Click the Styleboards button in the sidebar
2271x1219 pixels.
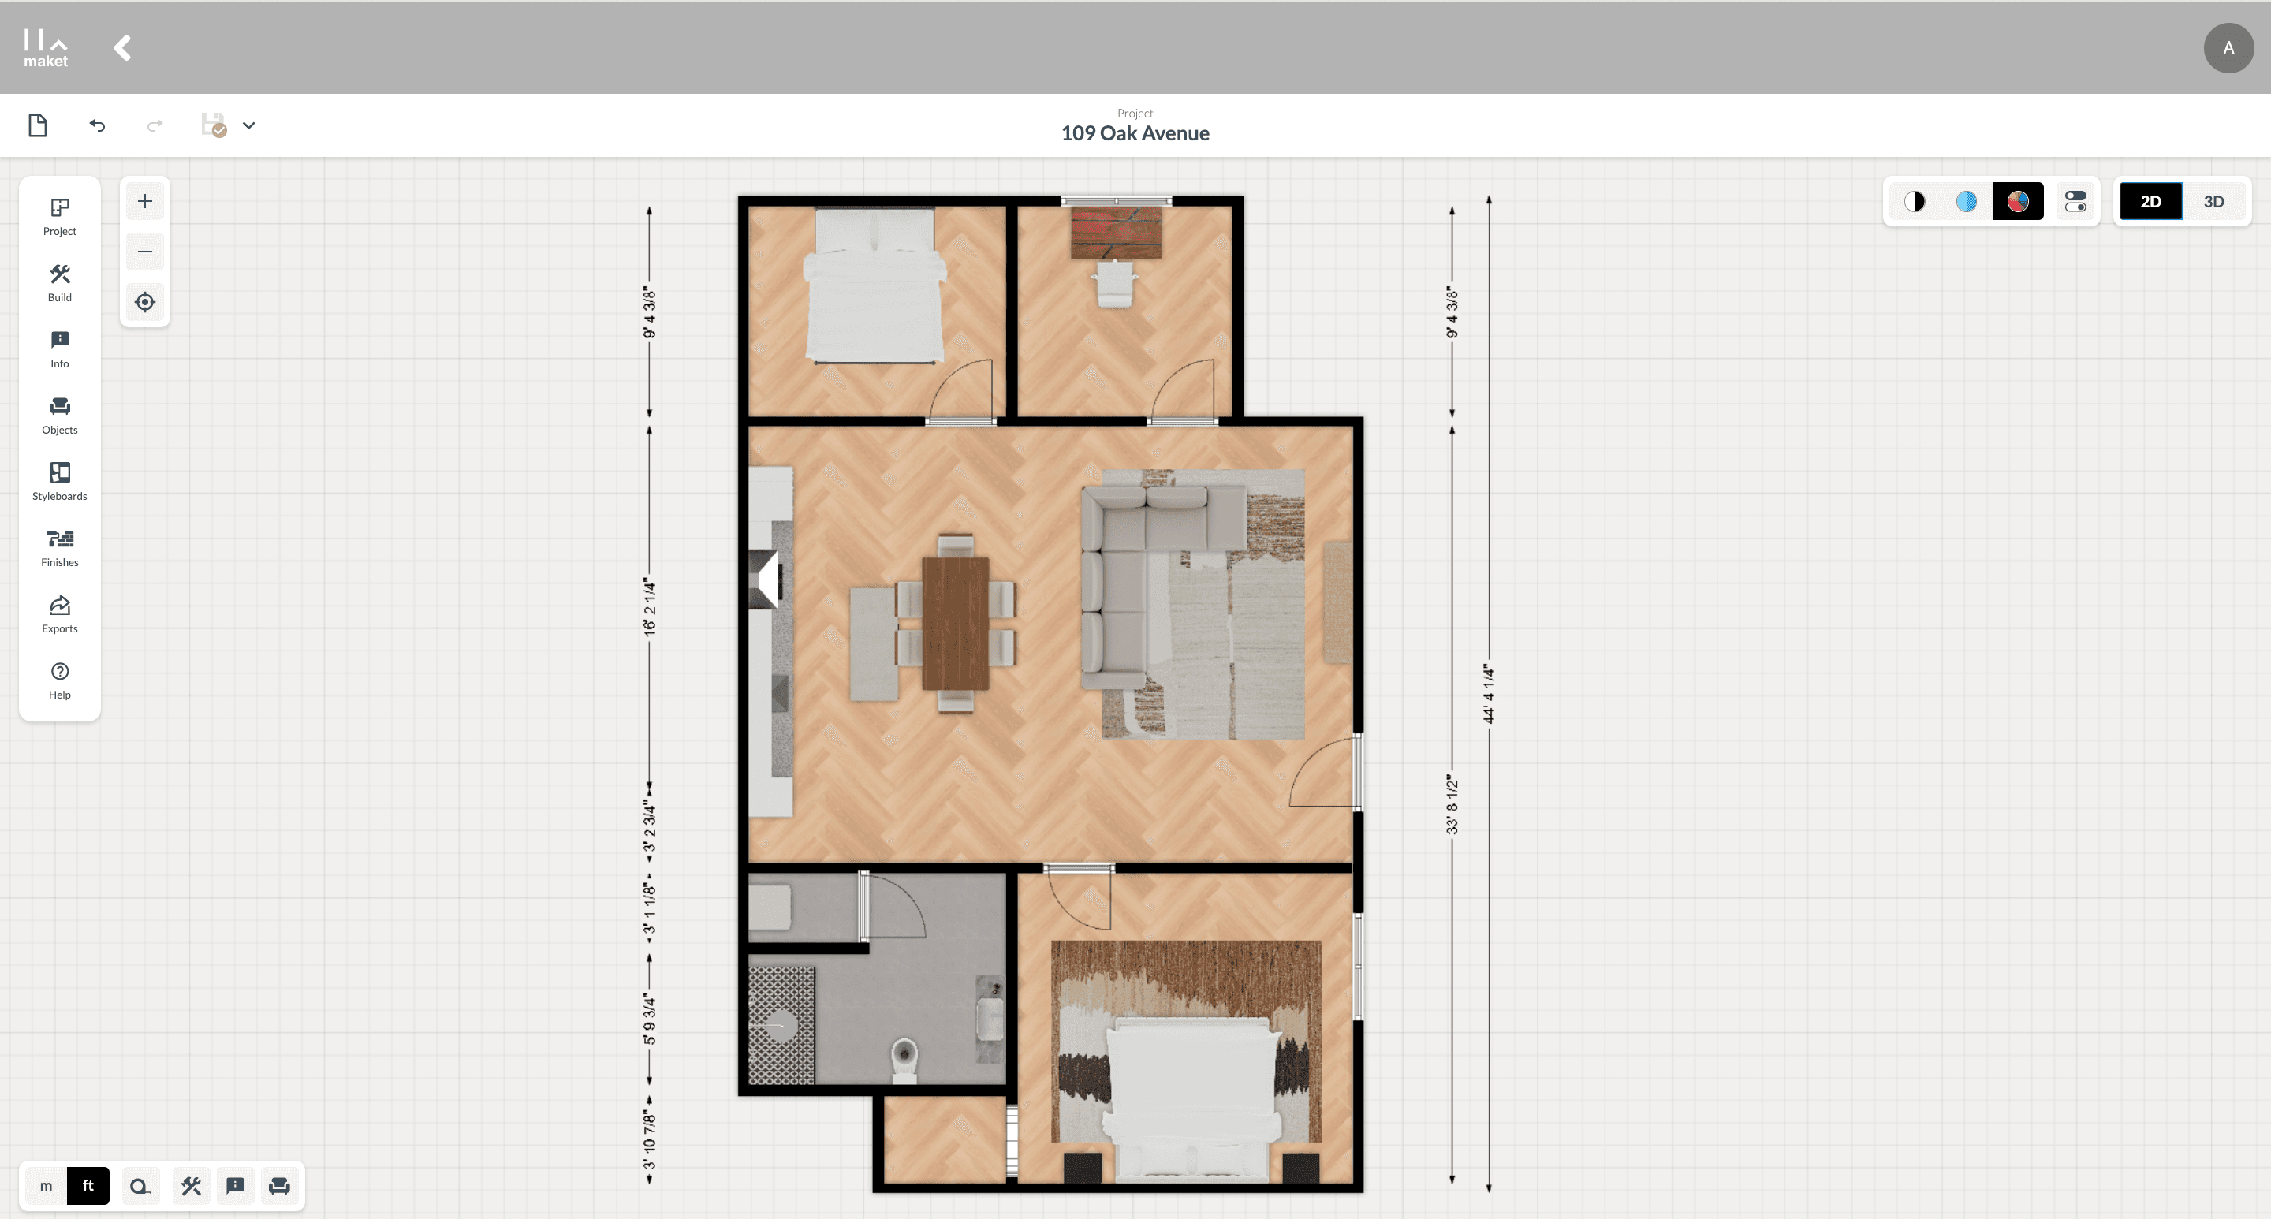(x=59, y=481)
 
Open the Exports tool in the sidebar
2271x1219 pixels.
(x=59, y=613)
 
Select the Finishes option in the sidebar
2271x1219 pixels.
(x=59, y=547)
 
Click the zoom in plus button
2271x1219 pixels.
(x=144, y=202)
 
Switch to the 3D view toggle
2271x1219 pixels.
(x=2213, y=202)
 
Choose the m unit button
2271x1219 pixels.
(x=46, y=1186)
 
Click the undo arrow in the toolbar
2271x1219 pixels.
(x=97, y=126)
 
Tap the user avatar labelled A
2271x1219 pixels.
(x=2228, y=47)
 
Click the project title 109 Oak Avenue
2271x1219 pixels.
(x=1135, y=133)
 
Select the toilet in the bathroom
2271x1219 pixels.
(x=904, y=1061)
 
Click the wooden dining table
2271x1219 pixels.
(x=956, y=623)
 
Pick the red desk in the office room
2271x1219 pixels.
(x=1115, y=232)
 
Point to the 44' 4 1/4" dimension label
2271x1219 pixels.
(x=1489, y=694)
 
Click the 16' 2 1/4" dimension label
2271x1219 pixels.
(x=650, y=607)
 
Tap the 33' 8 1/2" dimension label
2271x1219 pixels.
(x=1452, y=805)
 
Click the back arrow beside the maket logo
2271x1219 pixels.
(x=122, y=47)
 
